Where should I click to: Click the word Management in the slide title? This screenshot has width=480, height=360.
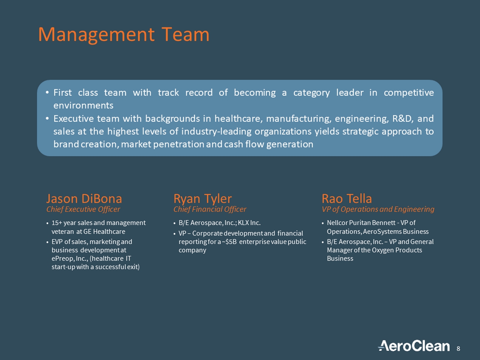click(96, 35)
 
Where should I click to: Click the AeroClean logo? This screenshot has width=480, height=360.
click(414, 346)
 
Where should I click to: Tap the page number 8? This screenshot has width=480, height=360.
click(458, 349)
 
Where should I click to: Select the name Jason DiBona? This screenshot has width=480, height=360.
click(84, 199)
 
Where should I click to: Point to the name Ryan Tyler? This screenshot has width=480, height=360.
click(202, 199)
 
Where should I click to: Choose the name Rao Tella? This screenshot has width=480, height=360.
click(347, 199)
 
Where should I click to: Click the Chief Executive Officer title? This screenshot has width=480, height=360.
click(83, 209)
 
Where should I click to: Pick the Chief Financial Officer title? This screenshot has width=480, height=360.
click(210, 209)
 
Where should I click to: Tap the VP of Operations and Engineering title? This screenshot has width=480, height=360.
click(378, 209)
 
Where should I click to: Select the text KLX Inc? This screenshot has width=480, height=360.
click(249, 223)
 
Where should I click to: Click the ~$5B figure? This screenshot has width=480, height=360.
click(229, 242)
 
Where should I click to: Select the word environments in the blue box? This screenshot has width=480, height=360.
click(83, 106)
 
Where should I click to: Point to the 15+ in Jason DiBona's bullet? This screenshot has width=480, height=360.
click(56, 223)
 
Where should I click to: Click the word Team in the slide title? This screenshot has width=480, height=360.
click(185, 35)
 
